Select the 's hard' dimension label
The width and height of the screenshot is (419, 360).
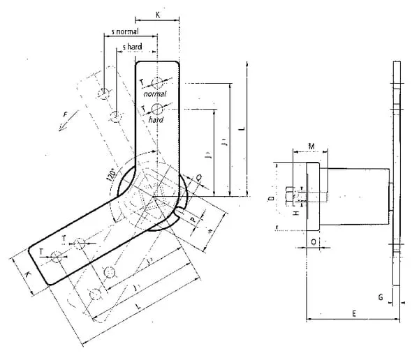coord(133,47)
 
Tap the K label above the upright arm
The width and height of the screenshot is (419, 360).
coord(157,13)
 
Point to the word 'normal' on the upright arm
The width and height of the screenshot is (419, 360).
coord(156,93)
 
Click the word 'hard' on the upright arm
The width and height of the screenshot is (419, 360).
coord(156,120)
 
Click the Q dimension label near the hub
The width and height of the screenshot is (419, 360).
coord(200,179)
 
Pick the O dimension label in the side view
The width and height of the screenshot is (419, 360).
coord(313,241)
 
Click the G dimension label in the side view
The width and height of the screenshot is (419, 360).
coord(381,297)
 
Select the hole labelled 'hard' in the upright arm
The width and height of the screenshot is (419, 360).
coord(158,108)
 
